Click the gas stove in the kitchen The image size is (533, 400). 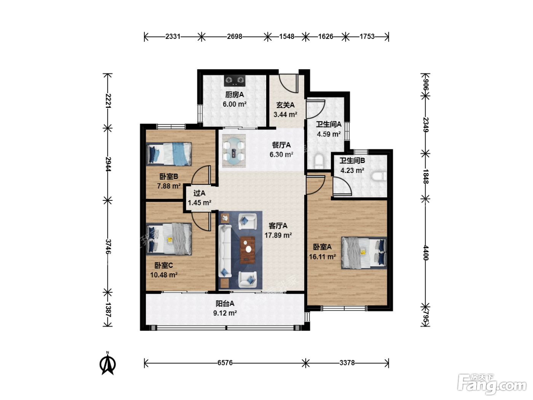coord(234,81)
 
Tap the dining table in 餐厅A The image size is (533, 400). coord(234,150)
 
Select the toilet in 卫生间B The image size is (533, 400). coord(379,176)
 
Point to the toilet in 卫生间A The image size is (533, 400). coord(319,161)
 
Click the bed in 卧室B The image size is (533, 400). coord(169,154)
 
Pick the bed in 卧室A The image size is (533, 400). coord(364,253)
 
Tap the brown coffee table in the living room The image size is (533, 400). coord(247,250)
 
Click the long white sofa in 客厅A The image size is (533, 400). coord(225,251)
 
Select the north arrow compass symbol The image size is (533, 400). coord(108,363)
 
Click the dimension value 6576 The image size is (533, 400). coord(225,363)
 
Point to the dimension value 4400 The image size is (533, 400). coord(426,253)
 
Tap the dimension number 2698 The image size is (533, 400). coord(235,37)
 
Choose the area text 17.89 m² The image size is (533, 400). coord(278,235)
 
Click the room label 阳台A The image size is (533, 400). coord(225,303)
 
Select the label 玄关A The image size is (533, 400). coord(285,105)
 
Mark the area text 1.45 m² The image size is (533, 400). coord(199,203)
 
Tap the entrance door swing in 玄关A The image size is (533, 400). coord(289,83)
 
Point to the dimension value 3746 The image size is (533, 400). coord(108,246)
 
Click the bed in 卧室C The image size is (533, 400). coord(169,239)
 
